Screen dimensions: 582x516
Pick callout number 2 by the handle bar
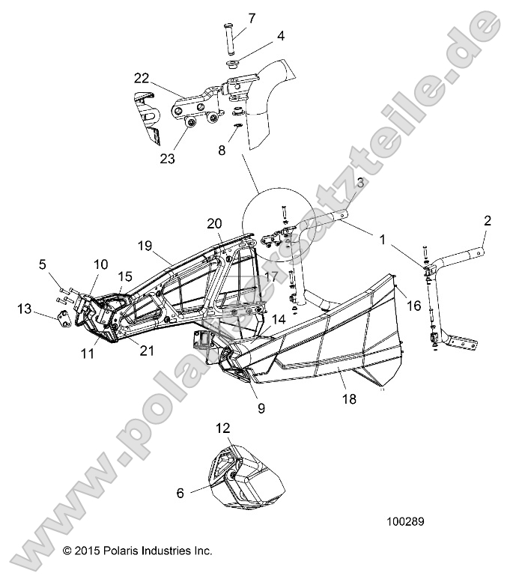point(488,220)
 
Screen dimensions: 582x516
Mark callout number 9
point(261,409)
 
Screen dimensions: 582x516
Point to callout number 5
point(43,264)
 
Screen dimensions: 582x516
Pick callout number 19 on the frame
point(145,245)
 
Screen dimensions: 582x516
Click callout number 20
point(215,223)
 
